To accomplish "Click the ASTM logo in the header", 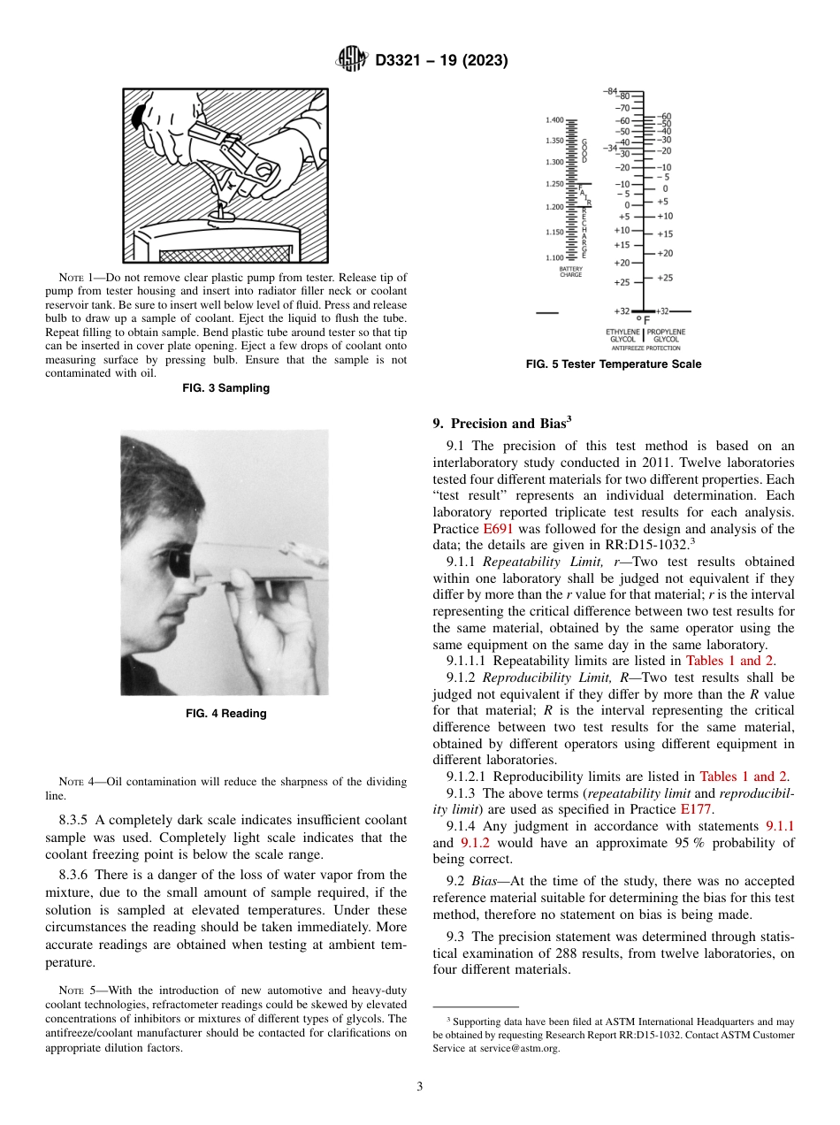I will coord(352,60).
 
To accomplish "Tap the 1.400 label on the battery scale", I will coord(554,119).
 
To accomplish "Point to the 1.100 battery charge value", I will coord(554,257).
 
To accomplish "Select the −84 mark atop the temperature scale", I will coord(611,91).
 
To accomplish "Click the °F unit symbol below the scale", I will coord(643,319).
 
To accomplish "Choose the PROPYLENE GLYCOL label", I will coord(666,335).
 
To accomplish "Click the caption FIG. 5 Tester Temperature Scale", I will coord(613,364).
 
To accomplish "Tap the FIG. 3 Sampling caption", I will coord(226,387).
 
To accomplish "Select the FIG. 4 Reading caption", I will coord(226,714).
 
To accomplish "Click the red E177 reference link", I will coord(696,809).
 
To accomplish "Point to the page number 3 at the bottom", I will coord(419,1086).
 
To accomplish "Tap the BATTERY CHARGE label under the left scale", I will coord(570,272).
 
